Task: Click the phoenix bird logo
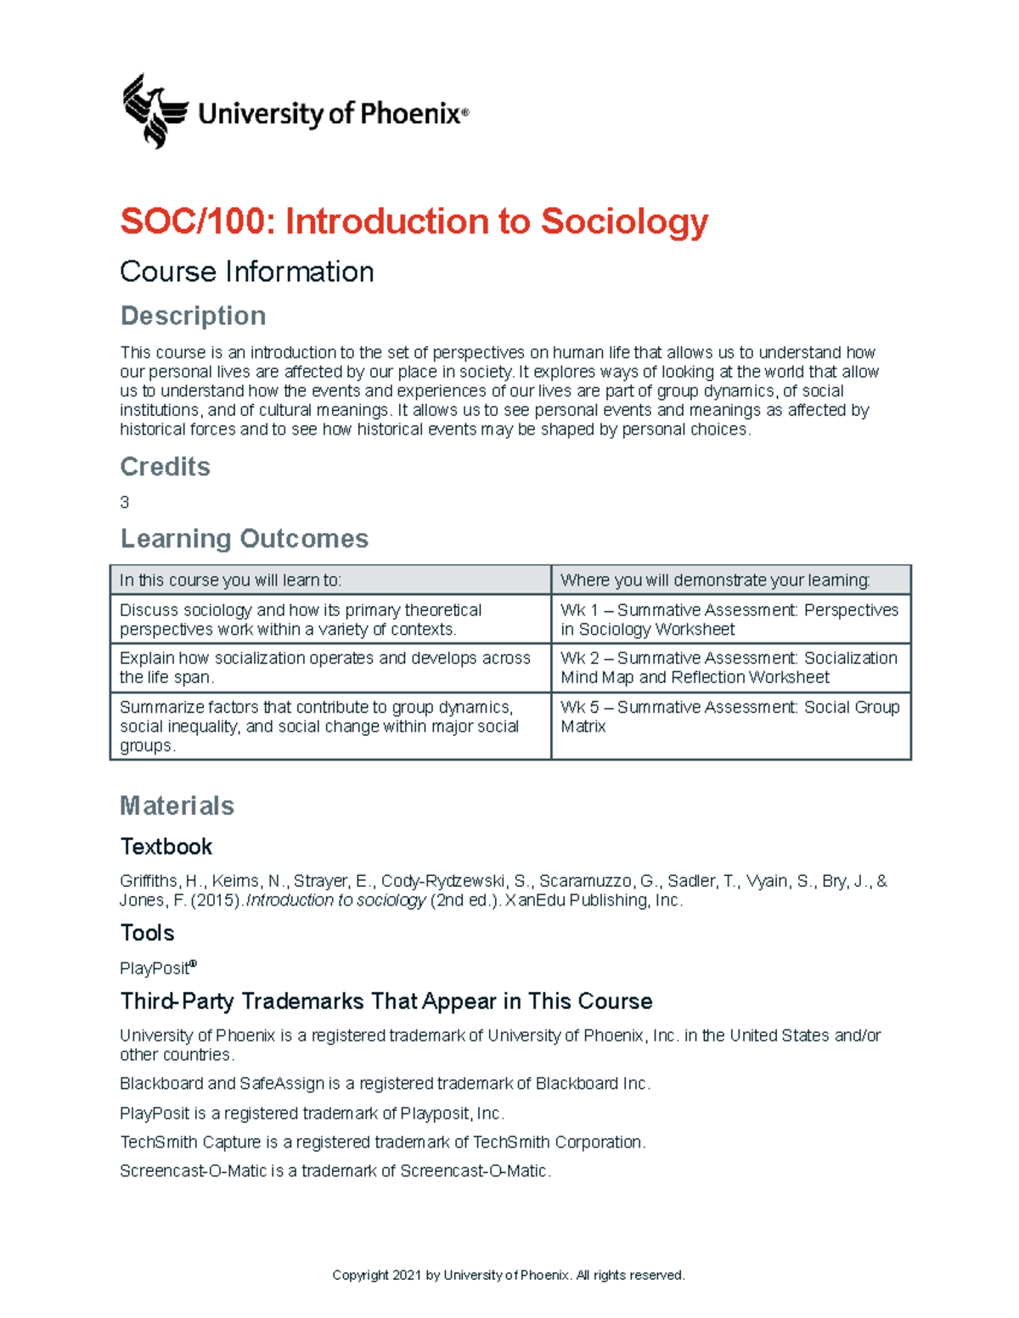coord(154,111)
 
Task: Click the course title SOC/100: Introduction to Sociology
coord(414,222)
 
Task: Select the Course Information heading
coord(246,272)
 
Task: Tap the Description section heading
coord(193,316)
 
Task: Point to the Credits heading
coord(165,467)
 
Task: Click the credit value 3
coord(125,502)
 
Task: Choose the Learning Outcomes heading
coord(244,539)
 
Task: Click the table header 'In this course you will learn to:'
coord(231,580)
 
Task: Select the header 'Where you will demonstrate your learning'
coord(715,580)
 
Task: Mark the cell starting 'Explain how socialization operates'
coord(324,668)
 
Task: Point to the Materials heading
coord(177,805)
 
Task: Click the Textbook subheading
coord(166,847)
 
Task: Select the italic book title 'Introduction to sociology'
coord(335,900)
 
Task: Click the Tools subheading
coord(147,934)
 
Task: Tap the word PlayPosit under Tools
coord(155,968)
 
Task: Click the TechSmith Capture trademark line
coord(382,1142)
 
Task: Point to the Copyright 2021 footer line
coord(508,1275)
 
